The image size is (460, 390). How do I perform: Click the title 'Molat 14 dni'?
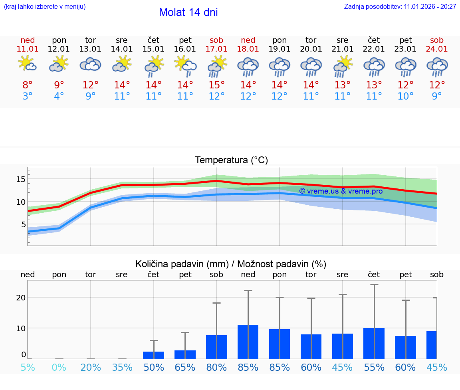[x=188, y=12]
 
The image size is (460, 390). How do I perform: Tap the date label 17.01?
[x=216, y=49]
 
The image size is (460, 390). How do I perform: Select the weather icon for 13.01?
[x=91, y=64]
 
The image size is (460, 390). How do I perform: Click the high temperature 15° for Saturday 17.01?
[x=216, y=85]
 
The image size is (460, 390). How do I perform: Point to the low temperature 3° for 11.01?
[x=28, y=96]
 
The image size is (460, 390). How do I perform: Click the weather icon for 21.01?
[x=343, y=66]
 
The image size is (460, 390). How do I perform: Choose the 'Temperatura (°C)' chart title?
[x=231, y=160]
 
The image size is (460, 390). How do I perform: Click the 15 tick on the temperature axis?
[x=21, y=179]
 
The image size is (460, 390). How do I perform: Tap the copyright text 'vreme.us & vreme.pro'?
[x=341, y=191]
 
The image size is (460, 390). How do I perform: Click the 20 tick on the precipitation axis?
[x=21, y=298]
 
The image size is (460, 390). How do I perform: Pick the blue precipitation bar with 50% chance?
[x=154, y=355]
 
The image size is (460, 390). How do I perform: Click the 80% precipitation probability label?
[x=216, y=367]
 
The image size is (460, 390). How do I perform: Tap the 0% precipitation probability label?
[x=59, y=367]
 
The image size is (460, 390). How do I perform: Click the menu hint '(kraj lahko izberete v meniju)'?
[x=45, y=7]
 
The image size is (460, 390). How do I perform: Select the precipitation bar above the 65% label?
[x=185, y=354]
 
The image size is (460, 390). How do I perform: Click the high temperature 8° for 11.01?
[x=28, y=85]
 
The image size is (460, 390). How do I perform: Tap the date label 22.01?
[x=374, y=49]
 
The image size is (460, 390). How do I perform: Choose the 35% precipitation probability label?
[x=122, y=367]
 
